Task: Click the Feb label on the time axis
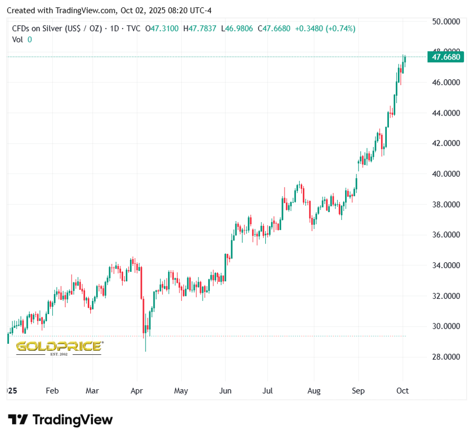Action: pyautogui.click(x=52, y=390)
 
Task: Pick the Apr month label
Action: pyautogui.click(x=137, y=390)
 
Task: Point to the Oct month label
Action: pyautogui.click(x=402, y=390)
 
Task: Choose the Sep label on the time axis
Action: pyautogui.click(x=358, y=390)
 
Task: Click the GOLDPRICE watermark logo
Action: pyautogui.click(x=58, y=347)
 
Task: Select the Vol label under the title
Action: pyautogui.click(x=17, y=39)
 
